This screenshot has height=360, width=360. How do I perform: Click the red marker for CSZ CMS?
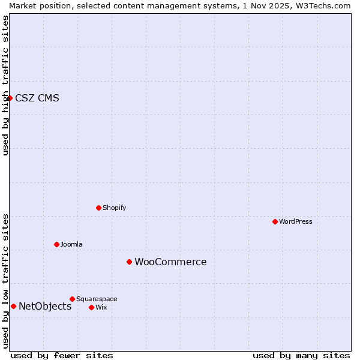10,98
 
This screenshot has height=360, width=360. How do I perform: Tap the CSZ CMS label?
37,98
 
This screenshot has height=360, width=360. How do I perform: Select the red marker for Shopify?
98,208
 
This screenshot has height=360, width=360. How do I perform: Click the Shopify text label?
114,208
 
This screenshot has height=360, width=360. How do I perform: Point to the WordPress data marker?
275,221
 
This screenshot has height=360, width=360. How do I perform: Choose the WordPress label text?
295,222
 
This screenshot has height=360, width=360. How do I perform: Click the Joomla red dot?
56,244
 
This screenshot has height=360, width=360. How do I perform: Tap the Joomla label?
71,245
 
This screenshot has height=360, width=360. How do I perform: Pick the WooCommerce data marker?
129,262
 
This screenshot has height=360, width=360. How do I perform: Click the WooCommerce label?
170,262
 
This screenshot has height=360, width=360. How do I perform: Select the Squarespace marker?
72,299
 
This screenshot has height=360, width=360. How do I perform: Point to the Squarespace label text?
97,299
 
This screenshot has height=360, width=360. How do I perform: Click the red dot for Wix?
91,307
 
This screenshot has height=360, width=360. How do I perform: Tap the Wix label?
101,308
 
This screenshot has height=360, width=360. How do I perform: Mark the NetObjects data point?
13,306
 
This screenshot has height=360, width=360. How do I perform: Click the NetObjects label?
45,307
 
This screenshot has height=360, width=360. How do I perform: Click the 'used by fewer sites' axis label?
62,355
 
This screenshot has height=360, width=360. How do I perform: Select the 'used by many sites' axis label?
301,355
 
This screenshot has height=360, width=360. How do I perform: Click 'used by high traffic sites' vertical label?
5,85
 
